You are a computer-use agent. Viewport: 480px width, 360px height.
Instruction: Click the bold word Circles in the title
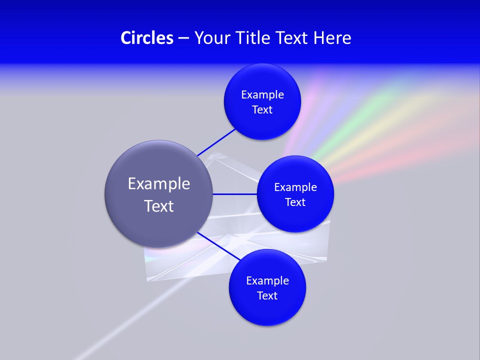click(147, 38)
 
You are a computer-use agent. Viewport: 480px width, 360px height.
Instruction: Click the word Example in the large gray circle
click(159, 184)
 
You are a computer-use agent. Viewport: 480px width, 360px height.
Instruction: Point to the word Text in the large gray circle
click(159, 206)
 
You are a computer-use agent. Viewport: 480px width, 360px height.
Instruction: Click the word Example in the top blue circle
click(262, 95)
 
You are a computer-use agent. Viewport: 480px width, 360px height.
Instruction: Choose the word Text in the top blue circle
click(262, 110)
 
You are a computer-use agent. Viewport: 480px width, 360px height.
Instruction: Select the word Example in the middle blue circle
click(295, 187)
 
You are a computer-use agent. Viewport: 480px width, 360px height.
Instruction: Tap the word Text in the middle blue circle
click(295, 202)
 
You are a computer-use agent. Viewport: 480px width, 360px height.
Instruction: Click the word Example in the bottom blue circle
click(267, 281)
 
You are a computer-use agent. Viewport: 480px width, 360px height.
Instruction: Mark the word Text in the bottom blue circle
click(267, 296)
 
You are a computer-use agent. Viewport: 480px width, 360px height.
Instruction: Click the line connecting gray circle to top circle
click(216, 141)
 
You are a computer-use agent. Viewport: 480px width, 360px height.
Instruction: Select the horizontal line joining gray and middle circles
click(235, 194)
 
